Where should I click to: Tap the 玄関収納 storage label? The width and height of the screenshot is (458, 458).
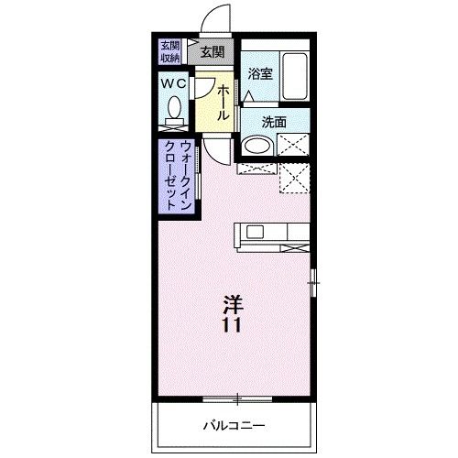(170, 51)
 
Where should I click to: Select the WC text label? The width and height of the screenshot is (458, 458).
(174, 83)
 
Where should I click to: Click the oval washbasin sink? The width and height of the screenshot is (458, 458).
(257, 146)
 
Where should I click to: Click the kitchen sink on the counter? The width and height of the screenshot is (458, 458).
(253, 232)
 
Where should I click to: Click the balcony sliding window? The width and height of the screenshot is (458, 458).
(237, 398)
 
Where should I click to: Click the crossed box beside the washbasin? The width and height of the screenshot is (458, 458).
(293, 146)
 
